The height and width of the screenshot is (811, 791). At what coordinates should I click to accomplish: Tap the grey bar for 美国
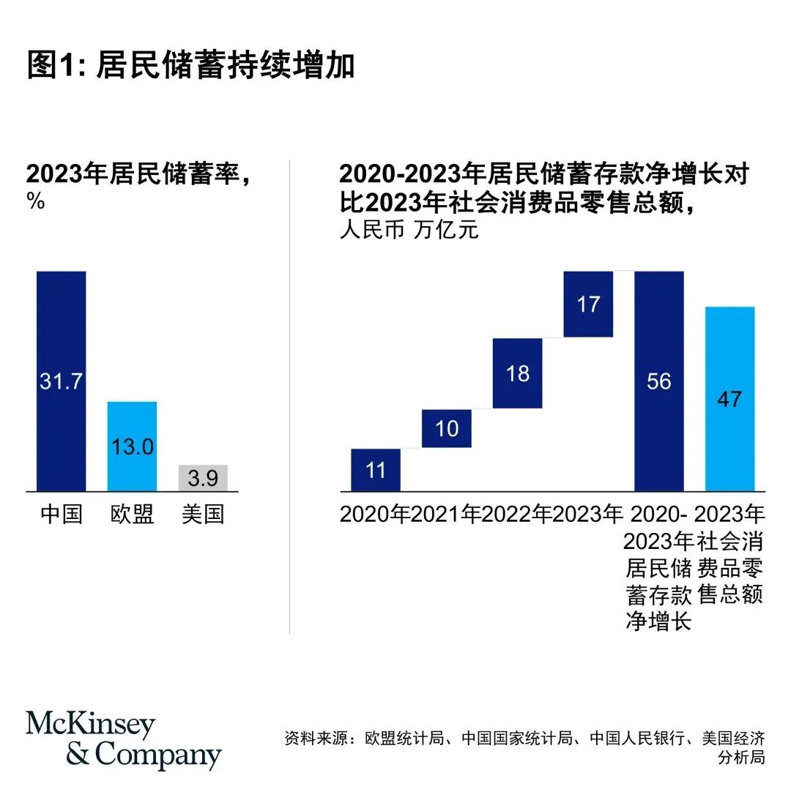tap(203, 478)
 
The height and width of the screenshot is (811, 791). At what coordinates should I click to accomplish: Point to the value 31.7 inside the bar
tap(62, 381)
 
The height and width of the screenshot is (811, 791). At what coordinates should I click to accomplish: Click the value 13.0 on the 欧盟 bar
tap(132, 446)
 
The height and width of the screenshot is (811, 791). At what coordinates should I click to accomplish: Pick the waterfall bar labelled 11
tap(376, 469)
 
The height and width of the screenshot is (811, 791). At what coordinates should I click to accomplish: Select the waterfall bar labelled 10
tap(447, 428)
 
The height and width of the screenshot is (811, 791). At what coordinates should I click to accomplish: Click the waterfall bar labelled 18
tap(518, 373)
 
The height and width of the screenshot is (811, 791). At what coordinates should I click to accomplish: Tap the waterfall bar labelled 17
tap(588, 304)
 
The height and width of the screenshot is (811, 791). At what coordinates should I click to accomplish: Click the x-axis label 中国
tap(62, 515)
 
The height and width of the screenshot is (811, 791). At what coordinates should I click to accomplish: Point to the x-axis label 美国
tap(203, 515)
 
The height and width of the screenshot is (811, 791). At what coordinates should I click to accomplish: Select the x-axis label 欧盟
tap(132, 515)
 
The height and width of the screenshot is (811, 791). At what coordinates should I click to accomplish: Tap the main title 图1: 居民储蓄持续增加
tap(190, 65)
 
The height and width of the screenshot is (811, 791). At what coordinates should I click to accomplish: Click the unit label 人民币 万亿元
tap(409, 231)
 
